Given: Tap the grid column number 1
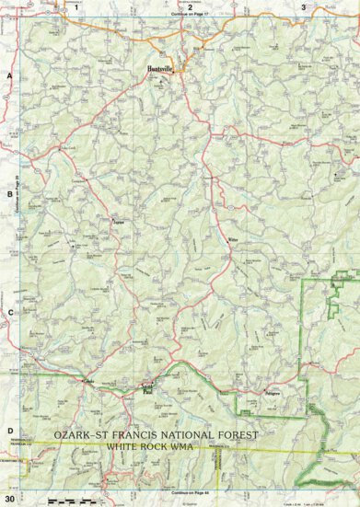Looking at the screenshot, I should [75, 6].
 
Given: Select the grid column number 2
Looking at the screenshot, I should [190, 6].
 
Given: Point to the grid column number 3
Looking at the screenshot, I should [303, 6].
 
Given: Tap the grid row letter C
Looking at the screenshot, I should [8, 313].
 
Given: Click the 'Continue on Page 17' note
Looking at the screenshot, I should [190, 16].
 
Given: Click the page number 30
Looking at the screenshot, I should [8, 498].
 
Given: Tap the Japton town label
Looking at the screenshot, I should [117, 222].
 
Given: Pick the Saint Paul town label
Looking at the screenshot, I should [146, 386].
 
